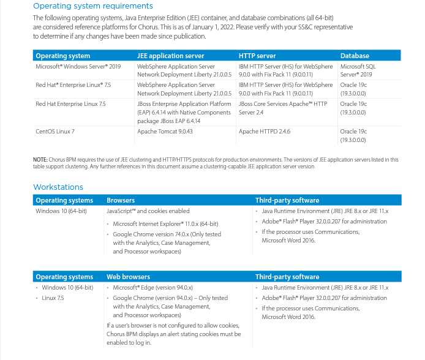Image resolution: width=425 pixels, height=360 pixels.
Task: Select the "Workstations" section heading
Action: click(58, 187)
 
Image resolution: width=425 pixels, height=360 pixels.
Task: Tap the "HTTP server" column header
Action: click(257, 56)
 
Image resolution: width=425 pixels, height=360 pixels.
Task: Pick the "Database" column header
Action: click(355, 56)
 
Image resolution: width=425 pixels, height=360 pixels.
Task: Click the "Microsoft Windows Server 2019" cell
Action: click(78, 66)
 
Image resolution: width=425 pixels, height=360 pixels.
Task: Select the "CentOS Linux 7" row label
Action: click(55, 131)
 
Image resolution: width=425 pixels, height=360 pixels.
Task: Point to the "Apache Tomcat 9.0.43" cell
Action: click(165, 131)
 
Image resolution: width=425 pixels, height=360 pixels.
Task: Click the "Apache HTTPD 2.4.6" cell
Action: click(265, 131)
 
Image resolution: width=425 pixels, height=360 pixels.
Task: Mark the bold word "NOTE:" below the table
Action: click(40, 160)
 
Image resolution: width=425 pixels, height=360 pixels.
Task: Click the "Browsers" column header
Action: click(121, 200)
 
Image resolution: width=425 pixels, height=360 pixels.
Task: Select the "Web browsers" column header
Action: click(128, 277)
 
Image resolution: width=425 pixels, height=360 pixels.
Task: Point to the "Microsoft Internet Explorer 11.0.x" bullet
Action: click(165, 224)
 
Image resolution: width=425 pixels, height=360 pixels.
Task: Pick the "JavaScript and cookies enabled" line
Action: click(148, 211)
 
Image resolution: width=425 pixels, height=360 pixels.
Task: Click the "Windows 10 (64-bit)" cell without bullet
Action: click(61, 211)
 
